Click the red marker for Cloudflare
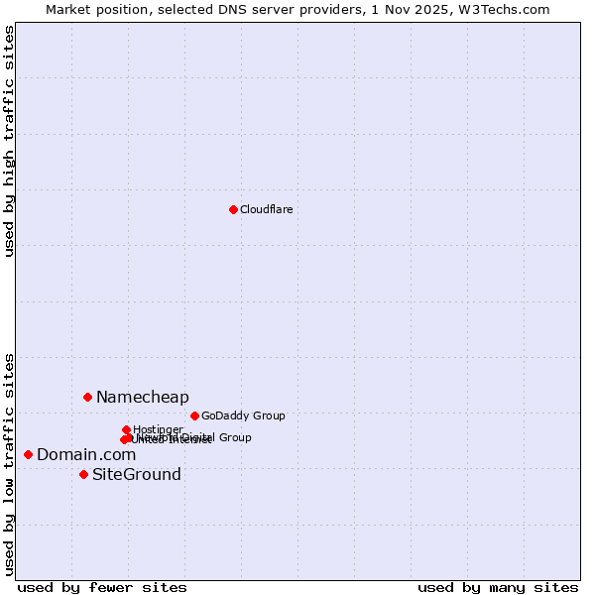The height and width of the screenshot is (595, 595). pyautogui.click(x=233, y=209)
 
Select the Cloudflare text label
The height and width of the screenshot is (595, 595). pyautogui.click(x=267, y=209)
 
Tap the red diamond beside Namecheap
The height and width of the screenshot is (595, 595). pyautogui.click(x=87, y=397)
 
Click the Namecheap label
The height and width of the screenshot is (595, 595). pyautogui.click(x=142, y=397)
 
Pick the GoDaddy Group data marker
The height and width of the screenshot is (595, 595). pyautogui.click(x=194, y=416)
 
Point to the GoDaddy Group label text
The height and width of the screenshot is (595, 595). pyautogui.click(x=243, y=416)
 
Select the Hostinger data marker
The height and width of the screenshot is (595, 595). pyautogui.click(x=126, y=429)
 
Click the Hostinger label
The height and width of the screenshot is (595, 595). pyautogui.click(x=158, y=429)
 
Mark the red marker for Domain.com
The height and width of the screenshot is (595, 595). pyautogui.click(x=28, y=454)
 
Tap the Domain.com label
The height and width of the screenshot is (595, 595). pyautogui.click(x=86, y=454)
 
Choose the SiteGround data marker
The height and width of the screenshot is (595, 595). pyautogui.click(x=83, y=474)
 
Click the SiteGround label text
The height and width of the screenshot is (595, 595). pyautogui.click(x=137, y=474)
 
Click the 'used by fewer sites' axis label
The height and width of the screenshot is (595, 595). pyautogui.click(x=102, y=587)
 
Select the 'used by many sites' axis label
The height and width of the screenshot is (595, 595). pyautogui.click(x=498, y=587)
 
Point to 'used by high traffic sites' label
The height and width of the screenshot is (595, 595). pyautogui.click(x=10, y=141)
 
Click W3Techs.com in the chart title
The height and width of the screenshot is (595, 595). pyautogui.click(x=508, y=9)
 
